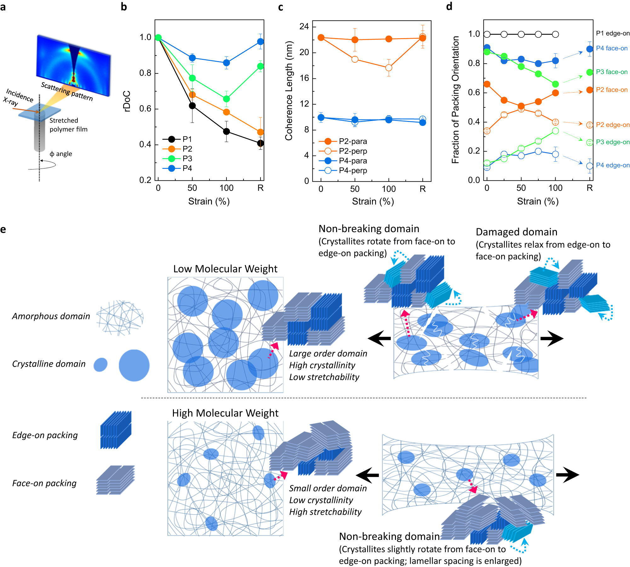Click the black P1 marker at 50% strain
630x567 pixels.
tap(192, 106)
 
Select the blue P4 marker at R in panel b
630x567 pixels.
tap(261, 42)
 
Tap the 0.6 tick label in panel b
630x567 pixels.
tap(145, 109)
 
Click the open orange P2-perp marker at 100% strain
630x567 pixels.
tap(389, 68)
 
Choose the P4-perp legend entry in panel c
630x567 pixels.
tap(343, 170)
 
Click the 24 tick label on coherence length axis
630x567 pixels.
tap(304, 26)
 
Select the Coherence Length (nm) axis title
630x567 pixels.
tap(289, 91)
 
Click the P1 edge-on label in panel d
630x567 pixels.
tap(613, 33)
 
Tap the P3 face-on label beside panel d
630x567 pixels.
tap(611, 72)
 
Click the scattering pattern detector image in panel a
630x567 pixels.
tap(73, 65)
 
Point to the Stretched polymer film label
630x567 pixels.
tap(68, 125)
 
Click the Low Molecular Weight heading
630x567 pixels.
tap(225, 269)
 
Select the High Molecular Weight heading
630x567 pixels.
tap(225, 413)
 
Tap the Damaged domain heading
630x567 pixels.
tap(516, 232)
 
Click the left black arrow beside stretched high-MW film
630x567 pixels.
tap(367, 475)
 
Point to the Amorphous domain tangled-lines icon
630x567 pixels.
tap(120, 317)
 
